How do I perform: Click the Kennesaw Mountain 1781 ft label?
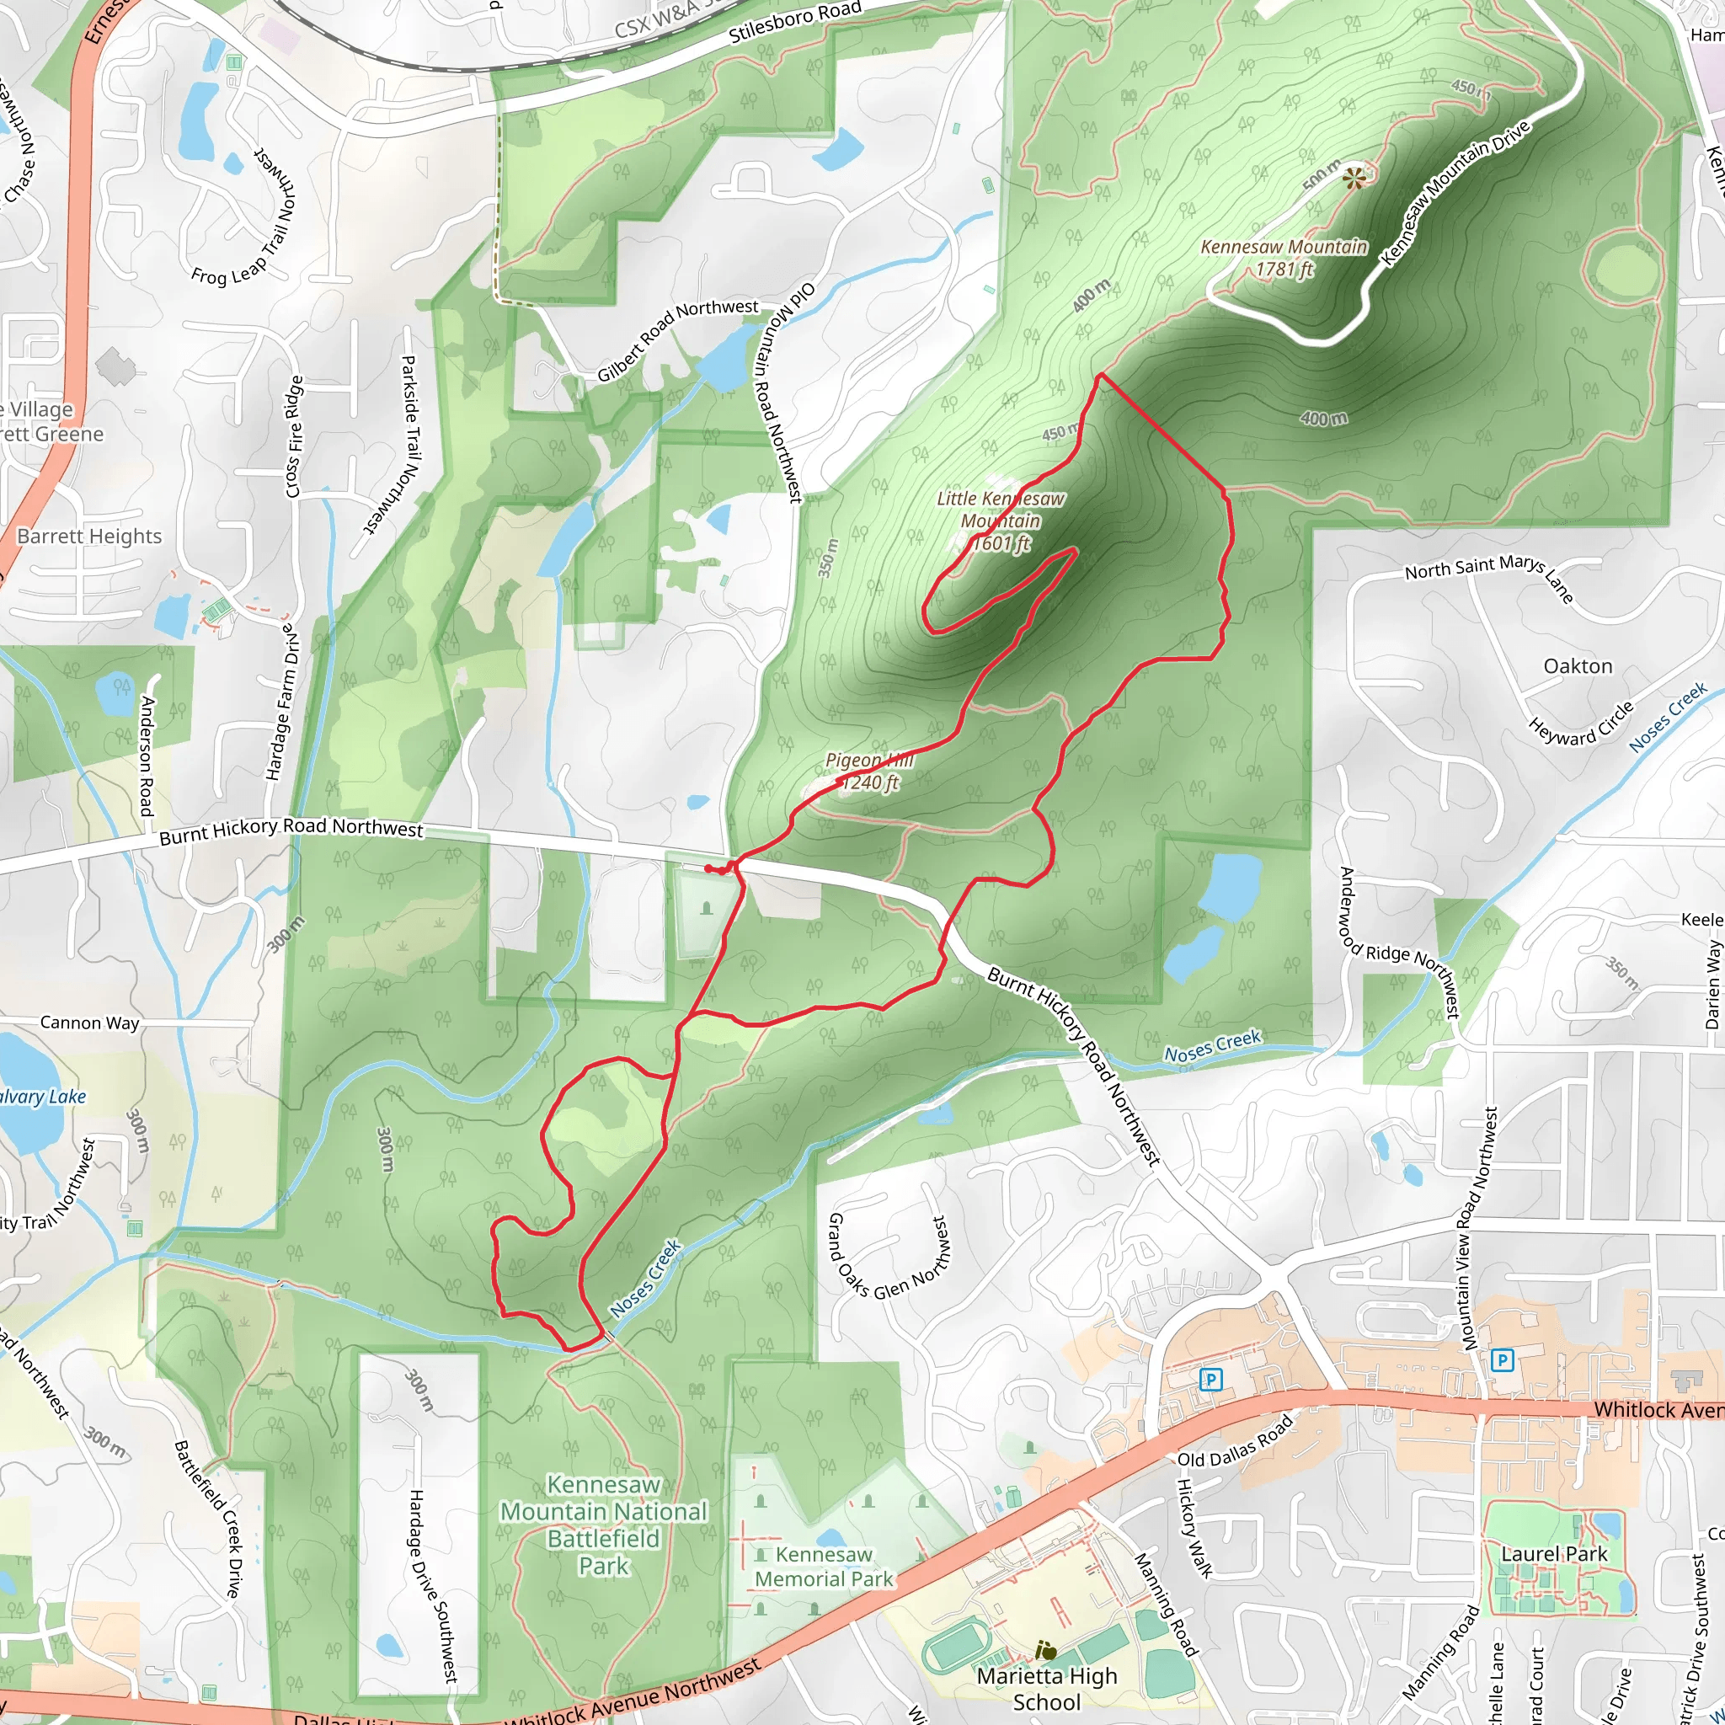(1284, 258)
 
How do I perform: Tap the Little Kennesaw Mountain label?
(1001, 521)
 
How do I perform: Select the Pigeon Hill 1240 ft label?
(868, 772)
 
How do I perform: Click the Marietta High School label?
(1046, 1689)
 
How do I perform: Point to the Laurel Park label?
(1553, 1553)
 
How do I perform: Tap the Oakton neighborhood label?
(1578, 666)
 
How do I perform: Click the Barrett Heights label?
(89, 536)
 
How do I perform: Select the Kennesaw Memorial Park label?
(823, 1567)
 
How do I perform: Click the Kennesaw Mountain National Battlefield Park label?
(605, 1525)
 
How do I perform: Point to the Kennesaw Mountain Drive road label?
(1455, 192)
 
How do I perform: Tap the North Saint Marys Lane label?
(1488, 576)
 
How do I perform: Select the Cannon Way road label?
(90, 1023)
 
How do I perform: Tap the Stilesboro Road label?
(794, 24)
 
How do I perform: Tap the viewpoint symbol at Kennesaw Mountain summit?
(1354, 179)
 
